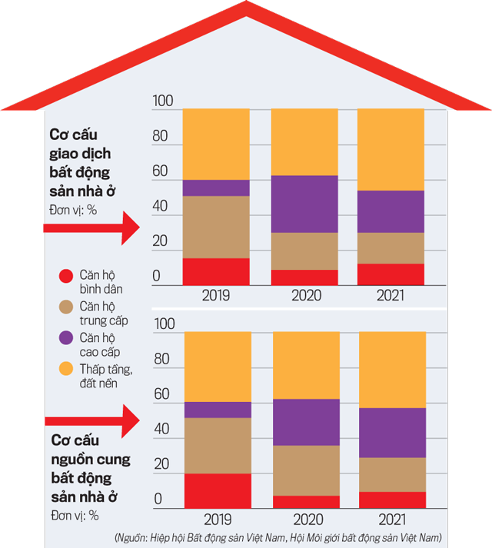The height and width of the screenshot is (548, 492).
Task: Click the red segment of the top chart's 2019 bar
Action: pos(216,271)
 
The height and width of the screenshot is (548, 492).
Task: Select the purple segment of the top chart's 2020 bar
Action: pos(304,204)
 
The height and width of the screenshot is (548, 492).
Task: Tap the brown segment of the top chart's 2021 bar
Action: pos(391,247)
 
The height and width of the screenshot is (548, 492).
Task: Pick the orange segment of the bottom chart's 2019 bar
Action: pos(218,367)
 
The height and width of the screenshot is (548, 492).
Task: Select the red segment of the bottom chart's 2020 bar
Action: pos(306,502)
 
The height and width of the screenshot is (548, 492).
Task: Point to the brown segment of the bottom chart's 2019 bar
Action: pos(218,445)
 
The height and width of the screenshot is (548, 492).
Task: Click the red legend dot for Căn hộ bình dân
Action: pos(66,274)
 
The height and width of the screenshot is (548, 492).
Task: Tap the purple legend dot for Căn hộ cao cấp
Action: pos(66,337)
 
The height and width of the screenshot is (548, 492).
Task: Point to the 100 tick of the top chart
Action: pos(164,101)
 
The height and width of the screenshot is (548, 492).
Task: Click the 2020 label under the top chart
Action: pos(304,295)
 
